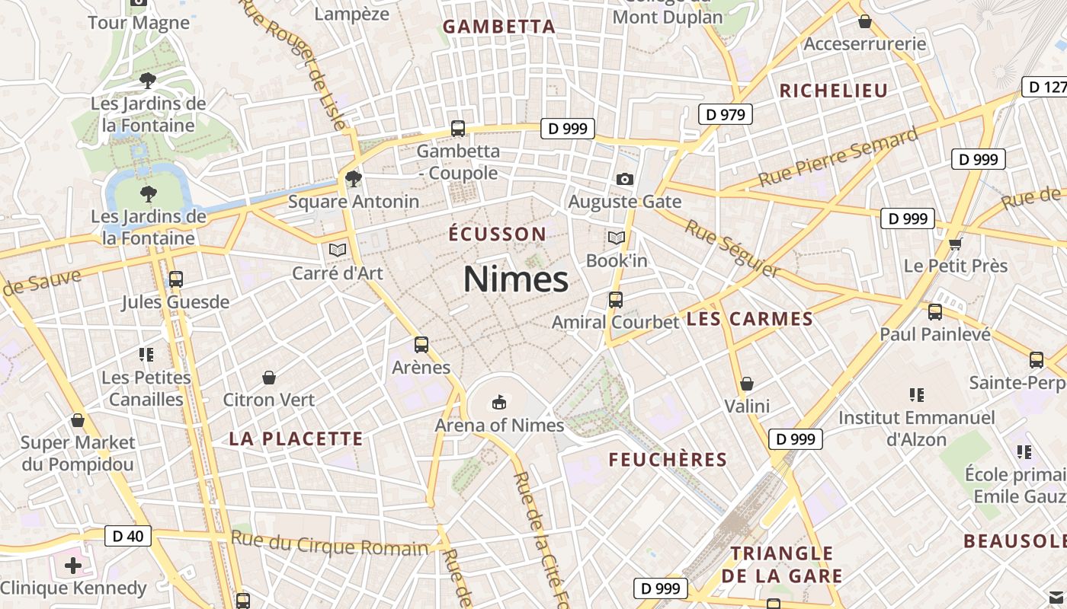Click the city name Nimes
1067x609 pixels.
coord(516,279)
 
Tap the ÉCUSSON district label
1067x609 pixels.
coord(498,234)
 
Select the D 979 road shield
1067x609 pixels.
coord(726,115)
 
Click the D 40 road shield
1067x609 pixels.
coord(127,536)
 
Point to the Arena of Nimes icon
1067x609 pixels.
coord(499,401)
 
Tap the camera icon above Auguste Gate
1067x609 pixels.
coord(625,179)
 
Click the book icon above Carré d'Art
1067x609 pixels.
coord(338,249)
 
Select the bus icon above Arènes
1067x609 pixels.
coord(421,345)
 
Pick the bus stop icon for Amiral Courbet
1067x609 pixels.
coord(616,300)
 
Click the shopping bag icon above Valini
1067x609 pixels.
coord(747,383)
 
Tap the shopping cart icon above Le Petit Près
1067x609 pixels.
coord(956,244)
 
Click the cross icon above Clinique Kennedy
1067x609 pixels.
coord(73,566)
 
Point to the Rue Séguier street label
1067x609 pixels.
coord(732,248)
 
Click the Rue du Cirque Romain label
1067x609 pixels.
coord(330,544)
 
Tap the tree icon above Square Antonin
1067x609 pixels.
coord(353,179)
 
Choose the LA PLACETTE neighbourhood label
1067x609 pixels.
coord(296,438)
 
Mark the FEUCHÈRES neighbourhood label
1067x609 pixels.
coord(668,460)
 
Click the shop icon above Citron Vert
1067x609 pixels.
coord(269,378)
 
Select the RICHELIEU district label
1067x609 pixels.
coord(833,91)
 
